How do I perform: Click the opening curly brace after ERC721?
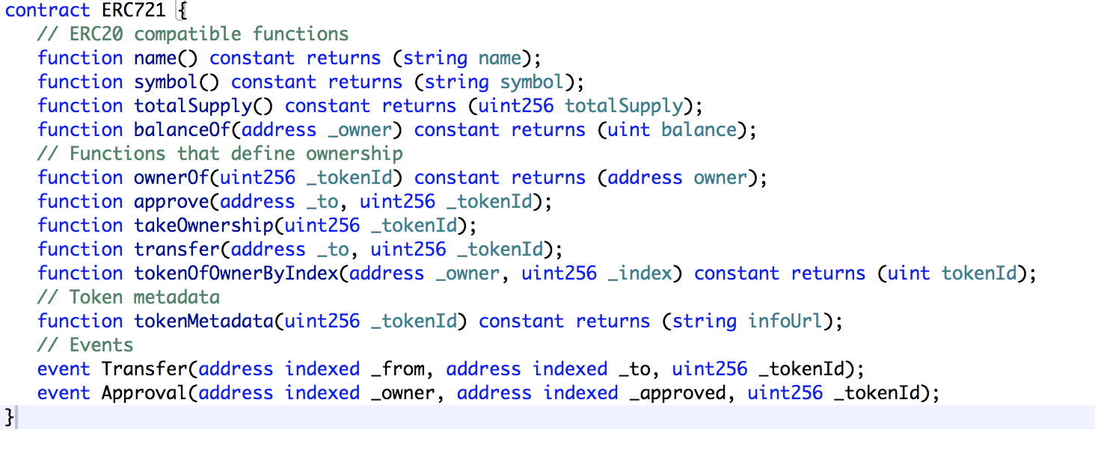pyautogui.click(x=181, y=10)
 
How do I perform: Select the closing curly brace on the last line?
pyautogui.click(x=10, y=416)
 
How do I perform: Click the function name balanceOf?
pyautogui.click(x=182, y=130)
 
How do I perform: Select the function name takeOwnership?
pyautogui.click(x=203, y=226)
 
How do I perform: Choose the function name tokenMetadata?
pyautogui.click(x=203, y=321)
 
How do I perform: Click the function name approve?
pyautogui.click(x=171, y=202)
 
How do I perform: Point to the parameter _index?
pyautogui.click(x=639, y=274)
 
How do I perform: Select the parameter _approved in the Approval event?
pyautogui.click(x=677, y=393)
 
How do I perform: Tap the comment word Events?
pyautogui.click(x=101, y=345)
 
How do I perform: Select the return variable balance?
pyautogui.click(x=699, y=130)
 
